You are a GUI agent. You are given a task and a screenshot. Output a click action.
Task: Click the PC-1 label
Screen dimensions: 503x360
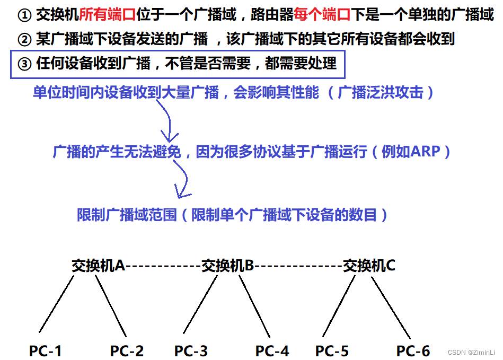click(x=45, y=350)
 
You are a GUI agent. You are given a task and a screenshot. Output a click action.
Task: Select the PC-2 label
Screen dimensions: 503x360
click(x=127, y=350)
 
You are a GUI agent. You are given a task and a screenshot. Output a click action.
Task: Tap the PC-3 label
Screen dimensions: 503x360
click(x=191, y=350)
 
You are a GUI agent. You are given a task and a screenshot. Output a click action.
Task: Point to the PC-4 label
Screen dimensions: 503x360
click(x=272, y=350)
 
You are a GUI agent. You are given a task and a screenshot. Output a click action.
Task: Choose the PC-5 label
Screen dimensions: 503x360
click(x=332, y=350)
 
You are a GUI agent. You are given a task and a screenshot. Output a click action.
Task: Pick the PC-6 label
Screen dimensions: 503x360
click(x=413, y=350)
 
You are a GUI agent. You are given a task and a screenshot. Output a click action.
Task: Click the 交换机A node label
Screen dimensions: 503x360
click(x=98, y=265)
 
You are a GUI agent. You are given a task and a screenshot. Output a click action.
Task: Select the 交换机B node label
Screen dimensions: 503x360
click(x=228, y=265)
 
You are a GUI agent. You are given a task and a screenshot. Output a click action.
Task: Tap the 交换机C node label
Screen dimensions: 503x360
click(x=369, y=265)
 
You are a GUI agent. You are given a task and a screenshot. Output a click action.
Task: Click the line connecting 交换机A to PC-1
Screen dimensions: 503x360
click(x=56, y=304)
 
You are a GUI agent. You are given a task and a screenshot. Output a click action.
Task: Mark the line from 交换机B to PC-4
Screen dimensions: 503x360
click(x=254, y=306)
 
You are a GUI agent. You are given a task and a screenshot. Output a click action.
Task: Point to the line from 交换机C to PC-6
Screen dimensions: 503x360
click(x=391, y=308)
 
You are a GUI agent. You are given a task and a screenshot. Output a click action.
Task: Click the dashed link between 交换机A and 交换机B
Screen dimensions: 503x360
click(x=163, y=266)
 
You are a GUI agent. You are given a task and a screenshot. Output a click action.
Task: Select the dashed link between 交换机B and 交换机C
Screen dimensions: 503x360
click(x=298, y=266)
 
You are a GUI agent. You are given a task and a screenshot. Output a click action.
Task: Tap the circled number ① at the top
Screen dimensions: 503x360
click(x=24, y=15)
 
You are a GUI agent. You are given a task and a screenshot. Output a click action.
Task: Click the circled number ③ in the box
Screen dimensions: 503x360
click(x=24, y=64)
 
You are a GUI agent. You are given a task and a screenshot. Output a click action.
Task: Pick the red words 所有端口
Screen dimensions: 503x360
click(x=108, y=14)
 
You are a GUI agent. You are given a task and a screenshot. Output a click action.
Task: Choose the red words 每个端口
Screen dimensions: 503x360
click(x=322, y=14)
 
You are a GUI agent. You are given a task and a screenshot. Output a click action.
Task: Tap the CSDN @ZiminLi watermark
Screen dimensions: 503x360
click(x=471, y=352)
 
